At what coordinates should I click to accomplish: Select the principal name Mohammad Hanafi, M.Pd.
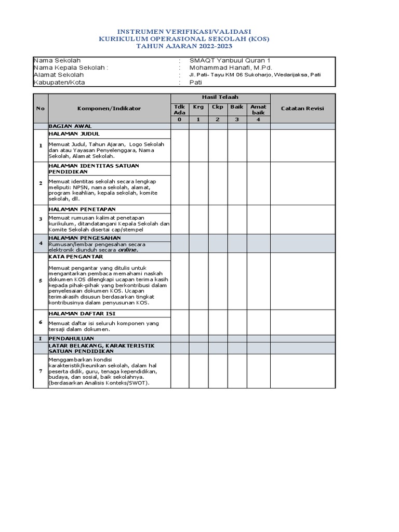pyautogui.click(x=230, y=68)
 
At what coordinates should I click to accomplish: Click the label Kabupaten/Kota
pyautogui.click(x=59, y=82)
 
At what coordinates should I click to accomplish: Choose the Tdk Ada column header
pyautogui.click(x=179, y=110)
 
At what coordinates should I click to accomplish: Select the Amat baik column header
pyautogui.click(x=258, y=110)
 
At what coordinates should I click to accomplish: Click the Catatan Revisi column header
pyautogui.click(x=302, y=108)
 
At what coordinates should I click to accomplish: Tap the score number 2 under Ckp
pyautogui.click(x=218, y=119)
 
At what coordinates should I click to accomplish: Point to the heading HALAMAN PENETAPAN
pyautogui.click(x=75, y=209)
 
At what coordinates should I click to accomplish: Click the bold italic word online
pyautogui.click(x=128, y=249)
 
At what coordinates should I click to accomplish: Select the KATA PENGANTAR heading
pyautogui.click(x=76, y=257)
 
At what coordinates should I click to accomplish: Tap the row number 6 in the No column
pyautogui.click(x=41, y=322)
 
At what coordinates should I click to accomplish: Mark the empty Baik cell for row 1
pyautogui.click(x=237, y=145)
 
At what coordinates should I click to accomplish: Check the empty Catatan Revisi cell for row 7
pyautogui.click(x=302, y=371)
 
